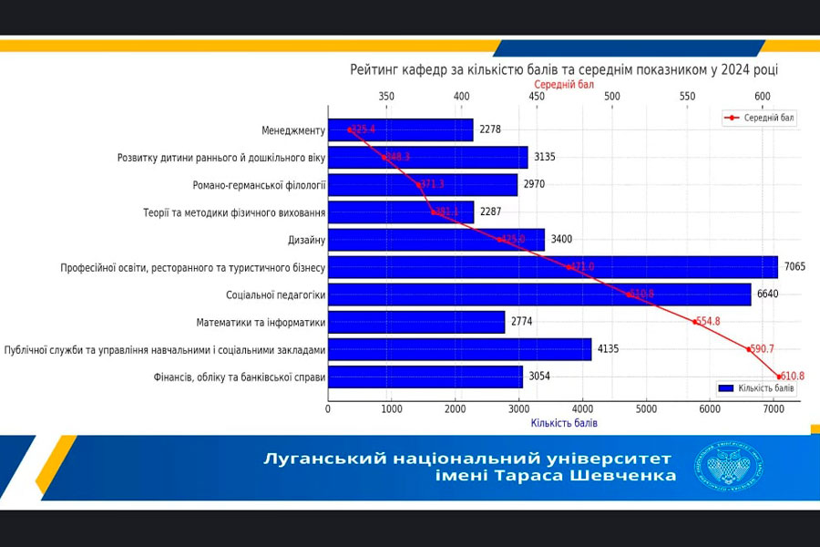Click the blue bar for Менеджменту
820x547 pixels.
[x=401, y=130]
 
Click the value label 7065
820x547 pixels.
[x=795, y=267]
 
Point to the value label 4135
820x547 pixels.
[x=609, y=349]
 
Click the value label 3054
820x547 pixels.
[x=540, y=377]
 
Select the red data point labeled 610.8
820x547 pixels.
[x=780, y=376]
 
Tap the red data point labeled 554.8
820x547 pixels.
[x=693, y=321]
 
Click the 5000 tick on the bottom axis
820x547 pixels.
[x=647, y=409]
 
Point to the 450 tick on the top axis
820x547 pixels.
[x=537, y=97]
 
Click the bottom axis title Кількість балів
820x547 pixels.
[x=565, y=423]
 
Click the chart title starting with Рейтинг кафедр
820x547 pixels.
[x=564, y=69]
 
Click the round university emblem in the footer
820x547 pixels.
[x=729, y=467]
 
